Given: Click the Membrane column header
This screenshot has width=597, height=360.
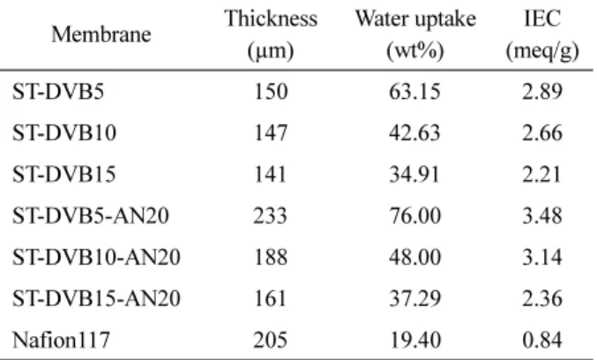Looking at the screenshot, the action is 101,34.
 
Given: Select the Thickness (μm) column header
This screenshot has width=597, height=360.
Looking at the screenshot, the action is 271,34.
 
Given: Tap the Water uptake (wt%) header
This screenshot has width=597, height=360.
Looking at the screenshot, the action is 415,34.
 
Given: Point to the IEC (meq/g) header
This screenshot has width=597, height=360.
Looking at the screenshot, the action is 542,34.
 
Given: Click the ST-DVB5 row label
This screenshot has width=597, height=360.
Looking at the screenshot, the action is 58,92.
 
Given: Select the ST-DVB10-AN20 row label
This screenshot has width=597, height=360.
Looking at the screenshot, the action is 96,257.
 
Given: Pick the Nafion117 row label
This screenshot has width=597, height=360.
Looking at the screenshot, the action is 62,340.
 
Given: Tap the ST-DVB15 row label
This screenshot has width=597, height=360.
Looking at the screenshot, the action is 64,174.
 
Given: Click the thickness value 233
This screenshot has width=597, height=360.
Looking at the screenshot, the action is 271,215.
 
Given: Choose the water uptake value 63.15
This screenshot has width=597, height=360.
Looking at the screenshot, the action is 414,92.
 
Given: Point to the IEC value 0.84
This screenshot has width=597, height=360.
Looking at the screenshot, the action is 542,340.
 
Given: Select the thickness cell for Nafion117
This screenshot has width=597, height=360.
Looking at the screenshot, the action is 271,340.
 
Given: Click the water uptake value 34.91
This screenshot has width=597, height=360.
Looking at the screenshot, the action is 414,174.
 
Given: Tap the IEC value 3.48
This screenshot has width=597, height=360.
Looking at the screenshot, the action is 542,215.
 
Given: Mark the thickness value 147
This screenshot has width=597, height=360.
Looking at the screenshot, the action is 271,133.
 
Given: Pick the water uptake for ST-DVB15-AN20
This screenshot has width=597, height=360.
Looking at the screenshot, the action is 414,298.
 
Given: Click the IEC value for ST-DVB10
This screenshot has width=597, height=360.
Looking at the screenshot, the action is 542,133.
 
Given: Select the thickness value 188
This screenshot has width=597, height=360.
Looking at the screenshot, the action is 271,257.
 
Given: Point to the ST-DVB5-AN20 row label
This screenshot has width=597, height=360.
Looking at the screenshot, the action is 91,215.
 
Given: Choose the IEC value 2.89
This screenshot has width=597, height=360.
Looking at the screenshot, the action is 542,92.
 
